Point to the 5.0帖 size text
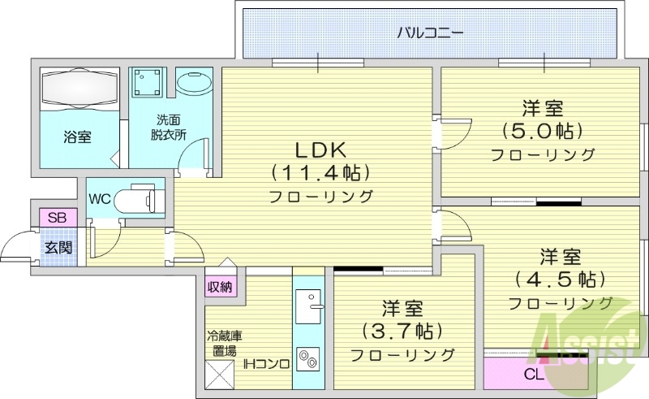(x=542, y=131)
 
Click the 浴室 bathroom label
(x=77, y=137)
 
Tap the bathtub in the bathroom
(x=80, y=87)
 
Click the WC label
(x=100, y=198)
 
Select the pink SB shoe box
(x=57, y=218)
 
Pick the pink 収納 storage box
(x=219, y=286)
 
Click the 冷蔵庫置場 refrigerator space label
(x=224, y=344)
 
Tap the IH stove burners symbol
(x=307, y=358)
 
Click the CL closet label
(x=533, y=375)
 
